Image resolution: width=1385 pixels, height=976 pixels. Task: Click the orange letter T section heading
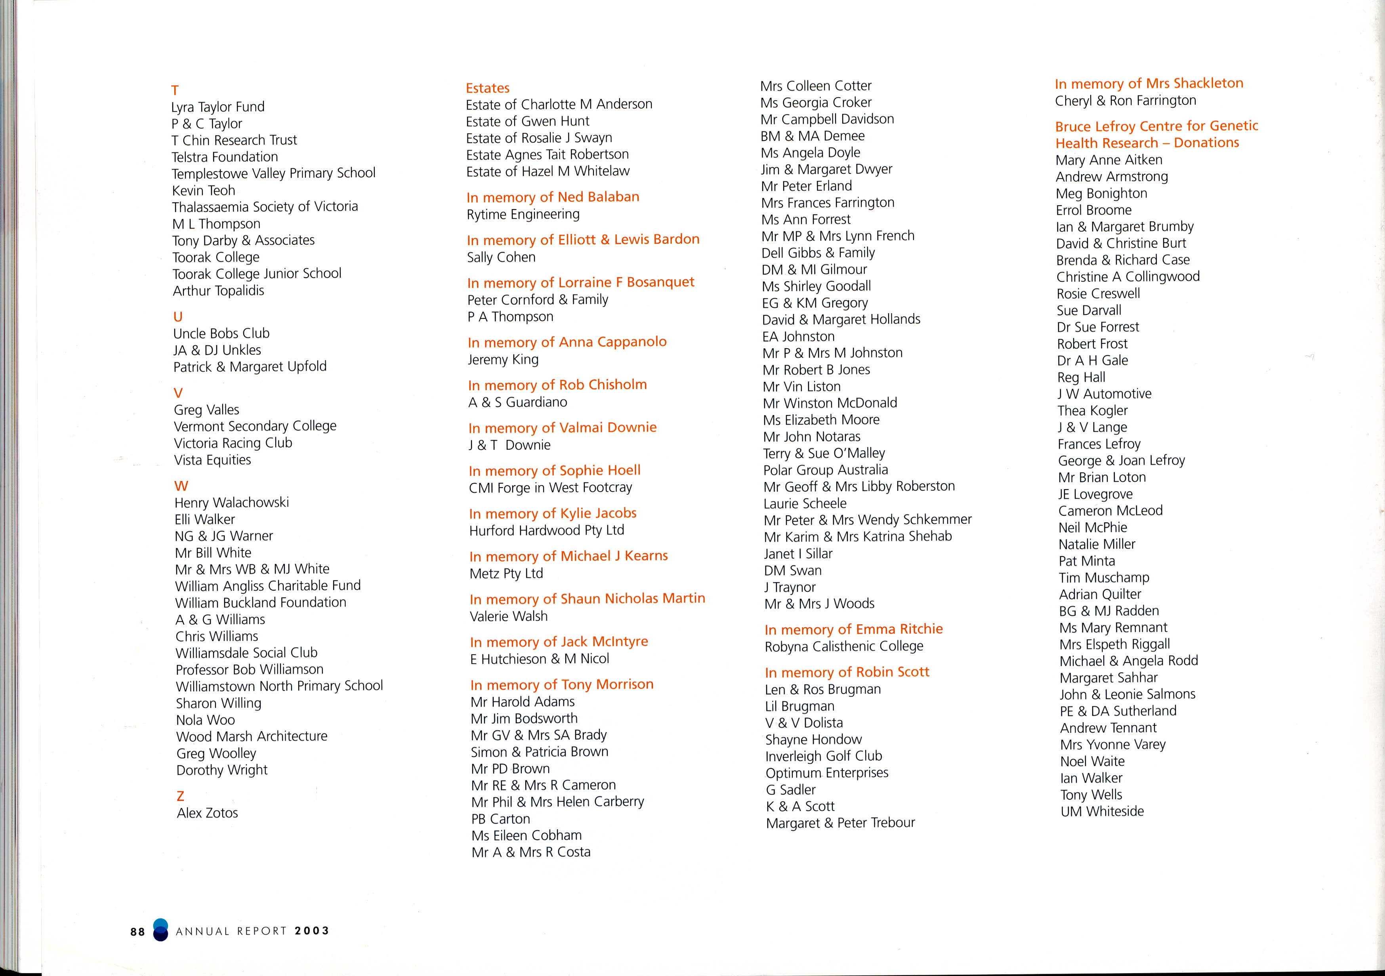pyautogui.click(x=175, y=90)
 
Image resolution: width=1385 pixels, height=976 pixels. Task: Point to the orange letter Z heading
pyautogui.click(x=180, y=796)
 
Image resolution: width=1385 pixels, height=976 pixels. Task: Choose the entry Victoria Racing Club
pyautogui.click(x=233, y=443)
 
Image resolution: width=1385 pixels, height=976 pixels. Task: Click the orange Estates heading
pyautogui.click(x=487, y=88)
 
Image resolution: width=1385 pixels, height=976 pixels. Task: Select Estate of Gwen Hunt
pyautogui.click(x=527, y=121)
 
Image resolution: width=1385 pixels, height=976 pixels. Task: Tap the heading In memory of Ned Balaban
pyautogui.click(x=553, y=197)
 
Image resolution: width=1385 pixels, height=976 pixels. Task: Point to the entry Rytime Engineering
pyautogui.click(x=523, y=214)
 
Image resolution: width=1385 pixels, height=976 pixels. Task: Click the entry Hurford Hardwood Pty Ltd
pyautogui.click(x=547, y=530)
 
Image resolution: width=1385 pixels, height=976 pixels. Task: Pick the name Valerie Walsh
pyautogui.click(x=509, y=616)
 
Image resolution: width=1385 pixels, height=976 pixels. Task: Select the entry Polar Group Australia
pyautogui.click(x=825, y=470)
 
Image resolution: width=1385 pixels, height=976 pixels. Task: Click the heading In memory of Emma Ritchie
pyautogui.click(x=853, y=629)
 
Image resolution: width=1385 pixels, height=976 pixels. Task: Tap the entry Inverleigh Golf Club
pyautogui.click(x=823, y=756)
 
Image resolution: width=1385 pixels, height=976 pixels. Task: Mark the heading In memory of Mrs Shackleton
pyautogui.click(x=1148, y=83)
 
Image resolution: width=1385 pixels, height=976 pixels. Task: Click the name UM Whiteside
pyautogui.click(x=1101, y=811)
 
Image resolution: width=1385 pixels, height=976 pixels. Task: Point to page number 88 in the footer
pyautogui.click(x=137, y=931)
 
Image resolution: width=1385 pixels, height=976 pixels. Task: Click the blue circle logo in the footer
pyautogui.click(x=160, y=930)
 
